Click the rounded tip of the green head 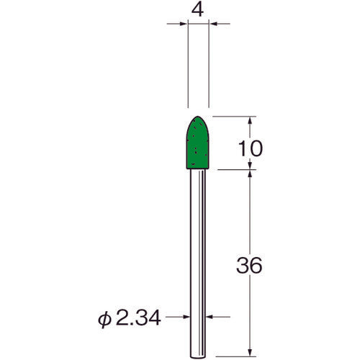click(x=198, y=118)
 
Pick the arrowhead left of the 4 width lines click(x=183, y=24)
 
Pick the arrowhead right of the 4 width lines click(x=213, y=24)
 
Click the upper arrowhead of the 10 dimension click(x=251, y=120)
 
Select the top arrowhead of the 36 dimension click(x=251, y=174)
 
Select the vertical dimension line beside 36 click(x=251, y=216)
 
